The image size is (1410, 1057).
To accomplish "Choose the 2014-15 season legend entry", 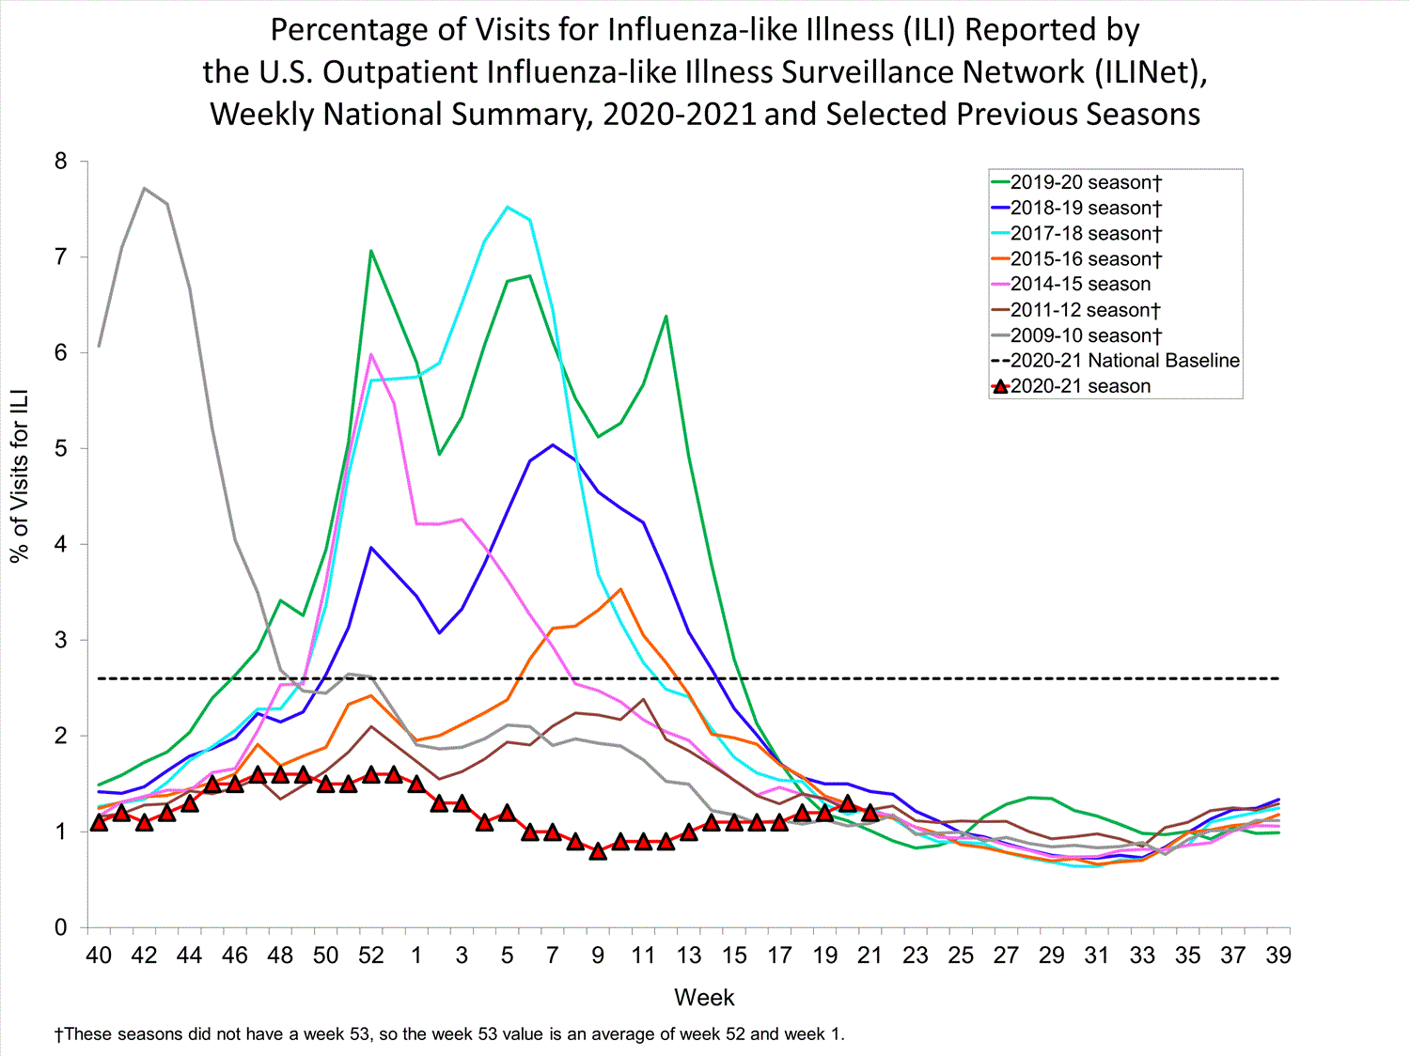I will pyautogui.click(x=1080, y=284).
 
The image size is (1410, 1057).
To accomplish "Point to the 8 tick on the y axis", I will pyautogui.click(x=61, y=162).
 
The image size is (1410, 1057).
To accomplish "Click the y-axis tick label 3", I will pyautogui.click(x=61, y=641).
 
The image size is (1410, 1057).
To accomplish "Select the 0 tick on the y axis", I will pyautogui.click(x=61, y=928).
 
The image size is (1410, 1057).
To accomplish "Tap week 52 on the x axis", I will pyautogui.click(x=371, y=956).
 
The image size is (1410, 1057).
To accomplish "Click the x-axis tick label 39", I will pyautogui.click(x=1278, y=956).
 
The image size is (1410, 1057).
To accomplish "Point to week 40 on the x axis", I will pyautogui.click(x=99, y=956).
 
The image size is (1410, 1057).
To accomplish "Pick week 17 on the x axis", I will pyautogui.click(x=779, y=956).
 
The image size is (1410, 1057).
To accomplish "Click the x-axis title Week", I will pyautogui.click(x=704, y=998).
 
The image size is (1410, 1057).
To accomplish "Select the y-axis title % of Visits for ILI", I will pyautogui.click(x=20, y=475).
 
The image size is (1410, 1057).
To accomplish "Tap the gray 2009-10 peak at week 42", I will pyautogui.click(x=144, y=188).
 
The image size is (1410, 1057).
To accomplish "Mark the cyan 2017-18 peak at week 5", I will pyautogui.click(x=508, y=207).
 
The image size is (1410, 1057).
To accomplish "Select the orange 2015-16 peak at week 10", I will pyautogui.click(x=620, y=589).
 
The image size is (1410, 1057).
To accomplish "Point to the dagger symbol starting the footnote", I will pyautogui.click(x=58, y=1034).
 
